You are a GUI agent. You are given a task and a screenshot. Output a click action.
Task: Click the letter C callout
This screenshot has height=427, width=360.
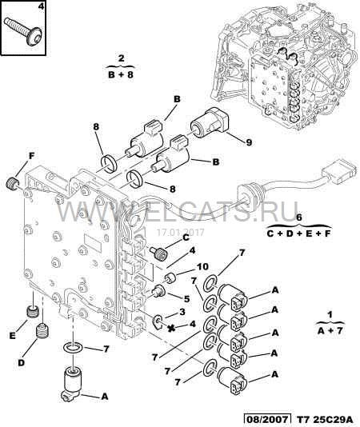click(x=185, y=237)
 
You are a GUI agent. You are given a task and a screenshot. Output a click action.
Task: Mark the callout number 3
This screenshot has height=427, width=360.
click(x=182, y=311)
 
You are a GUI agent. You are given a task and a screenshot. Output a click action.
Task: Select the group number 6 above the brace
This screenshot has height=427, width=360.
click(x=298, y=217)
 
